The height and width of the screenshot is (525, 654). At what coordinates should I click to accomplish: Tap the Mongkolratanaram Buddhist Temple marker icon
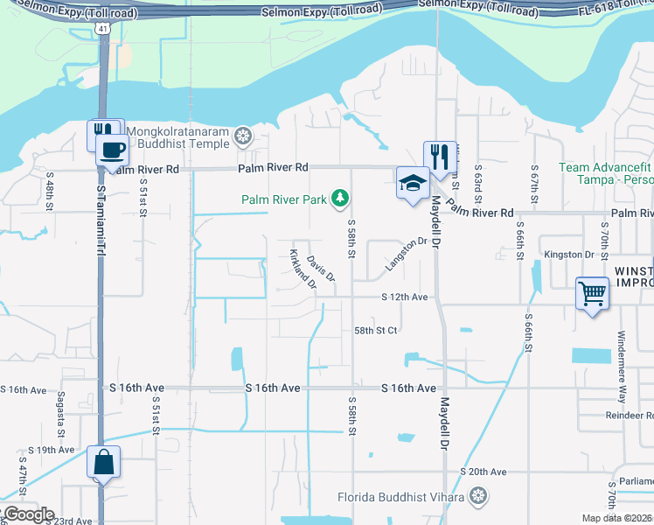pos(242,136)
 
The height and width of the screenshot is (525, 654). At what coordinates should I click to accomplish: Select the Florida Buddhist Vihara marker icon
pos(478,497)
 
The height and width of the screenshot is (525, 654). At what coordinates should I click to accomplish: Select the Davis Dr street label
pos(321,267)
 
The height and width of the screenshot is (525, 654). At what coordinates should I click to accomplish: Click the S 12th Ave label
pos(404,297)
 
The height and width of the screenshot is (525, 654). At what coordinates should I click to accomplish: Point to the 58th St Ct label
pos(376,330)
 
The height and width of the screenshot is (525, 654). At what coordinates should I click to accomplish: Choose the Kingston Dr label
pos(569,255)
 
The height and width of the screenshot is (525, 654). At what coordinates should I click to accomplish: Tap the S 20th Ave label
pos(487,472)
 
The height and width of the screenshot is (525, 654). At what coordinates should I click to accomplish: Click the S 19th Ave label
pos(51,450)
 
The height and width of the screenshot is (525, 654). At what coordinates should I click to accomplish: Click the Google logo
pos(28,514)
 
